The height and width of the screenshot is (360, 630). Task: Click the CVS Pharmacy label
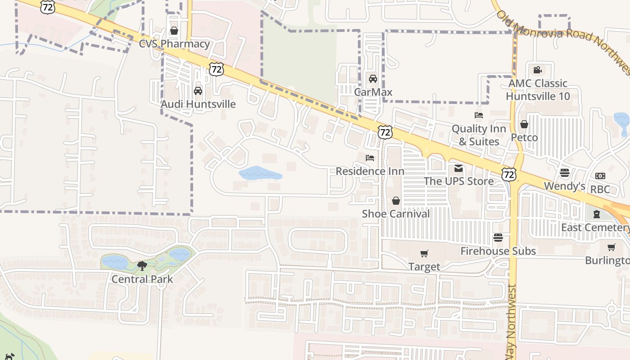pos(174,44)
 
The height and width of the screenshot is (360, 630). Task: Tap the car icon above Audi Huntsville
pos(198,91)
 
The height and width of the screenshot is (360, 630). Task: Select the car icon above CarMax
pos(373,79)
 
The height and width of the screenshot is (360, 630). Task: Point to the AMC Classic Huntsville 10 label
pos(538,90)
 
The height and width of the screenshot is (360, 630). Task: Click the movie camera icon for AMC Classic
pos(537,70)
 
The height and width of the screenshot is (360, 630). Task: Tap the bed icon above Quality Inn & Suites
pos(479,115)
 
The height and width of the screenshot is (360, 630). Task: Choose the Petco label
pos(524,137)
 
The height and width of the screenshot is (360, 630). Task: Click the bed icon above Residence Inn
pos(370,158)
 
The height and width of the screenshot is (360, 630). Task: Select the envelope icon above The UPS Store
pos(459,168)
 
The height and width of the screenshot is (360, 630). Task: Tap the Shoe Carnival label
pos(396,214)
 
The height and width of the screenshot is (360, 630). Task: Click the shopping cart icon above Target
pos(424,254)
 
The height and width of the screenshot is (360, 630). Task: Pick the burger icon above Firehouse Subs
pos(498,237)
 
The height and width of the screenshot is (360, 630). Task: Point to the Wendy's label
pos(564,186)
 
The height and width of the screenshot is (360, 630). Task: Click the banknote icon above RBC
pos(600,176)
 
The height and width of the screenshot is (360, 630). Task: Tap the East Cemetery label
pos(595,227)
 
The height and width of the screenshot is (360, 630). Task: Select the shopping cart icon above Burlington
pos(611,247)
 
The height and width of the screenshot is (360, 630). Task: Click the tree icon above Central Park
pos(142,265)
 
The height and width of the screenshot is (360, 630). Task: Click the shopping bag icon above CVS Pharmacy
pos(174,31)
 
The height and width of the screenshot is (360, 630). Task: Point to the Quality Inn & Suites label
pos(479,135)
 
